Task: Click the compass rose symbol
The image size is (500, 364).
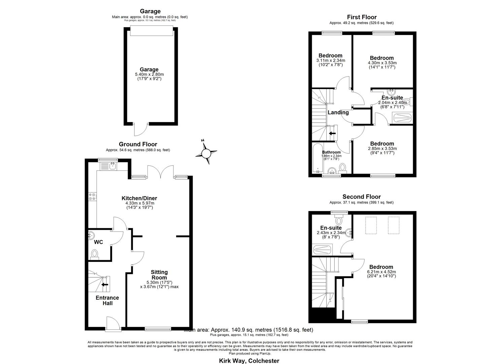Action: [x=206, y=154]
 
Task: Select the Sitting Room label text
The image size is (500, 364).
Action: [x=159, y=275]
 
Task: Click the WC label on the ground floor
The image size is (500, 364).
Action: [x=98, y=242]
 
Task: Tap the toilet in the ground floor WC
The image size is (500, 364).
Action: [x=95, y=254]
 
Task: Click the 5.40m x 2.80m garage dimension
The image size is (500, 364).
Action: [x=149, y=74]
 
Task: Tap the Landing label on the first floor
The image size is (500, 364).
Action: [x=338, y=112]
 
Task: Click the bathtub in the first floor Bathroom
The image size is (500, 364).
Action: [x=317, y=158]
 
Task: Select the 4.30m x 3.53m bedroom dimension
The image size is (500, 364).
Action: [x=381, y=63]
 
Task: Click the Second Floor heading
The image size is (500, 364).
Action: [x=361, y=196]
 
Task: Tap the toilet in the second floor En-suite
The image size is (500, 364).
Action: [x=339, y=220]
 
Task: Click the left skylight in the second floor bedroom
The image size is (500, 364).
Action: [x=371, y=225]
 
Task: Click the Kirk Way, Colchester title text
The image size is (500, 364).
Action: [x=249, y=361]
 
